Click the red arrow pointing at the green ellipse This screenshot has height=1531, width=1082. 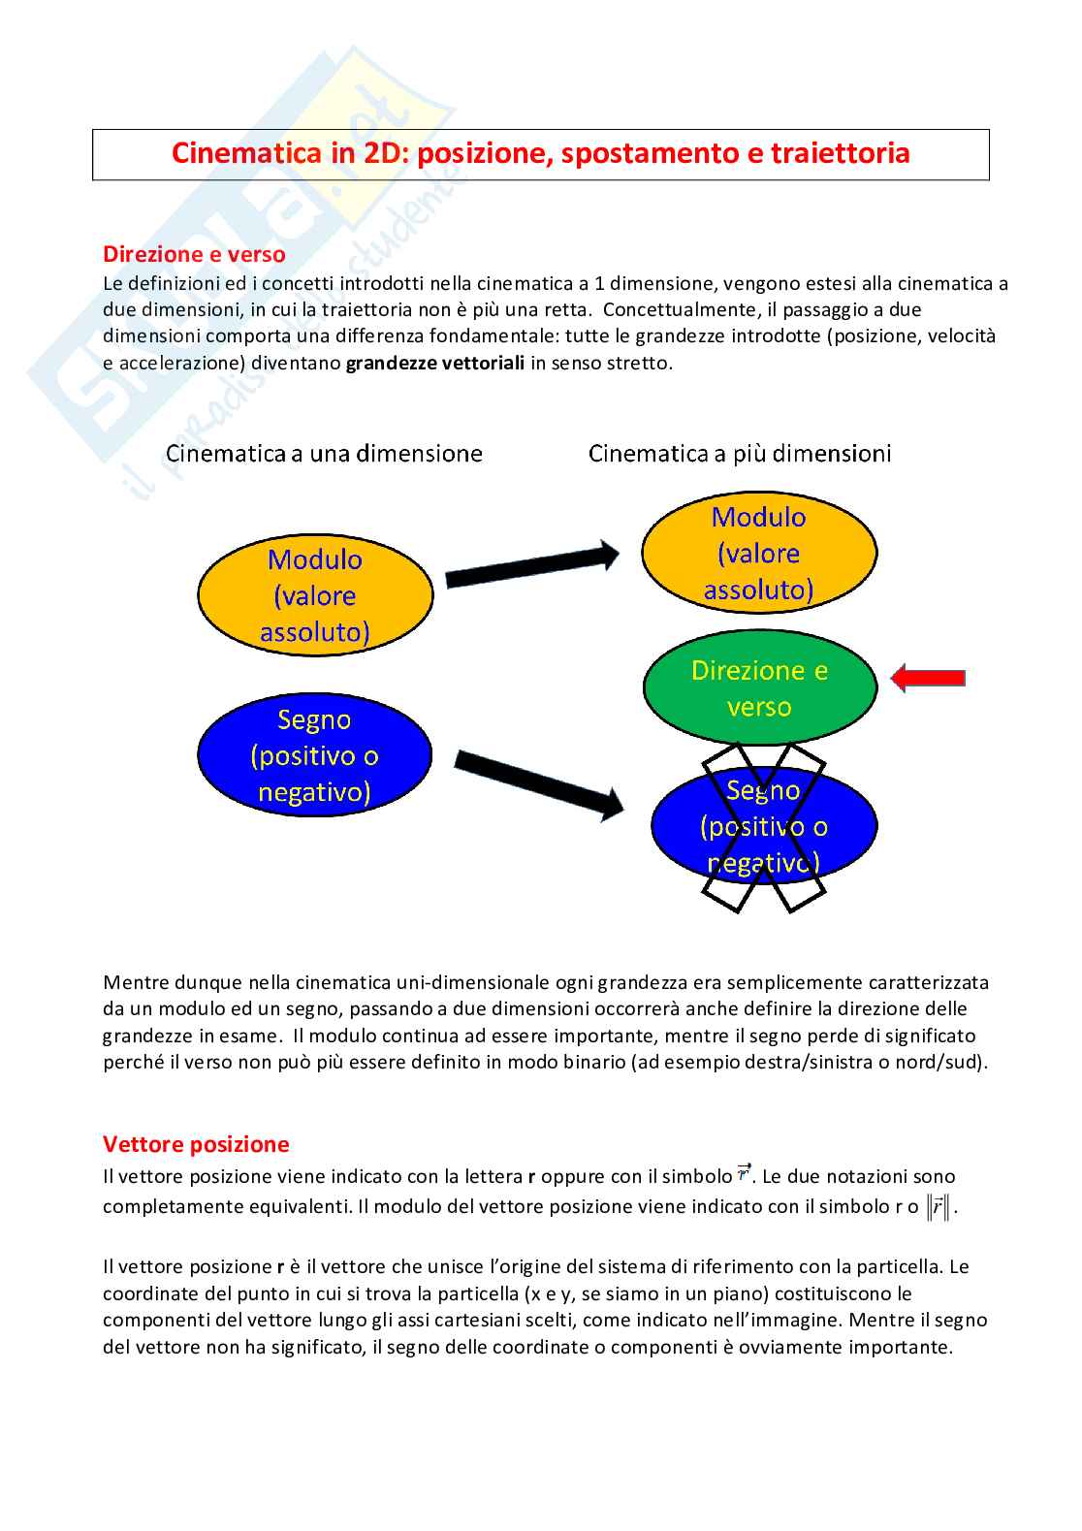click(x=927, y=679)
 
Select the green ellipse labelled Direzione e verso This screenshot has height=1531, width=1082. click(x=759, y=687)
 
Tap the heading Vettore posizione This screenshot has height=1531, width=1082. click(x=196, y=1144)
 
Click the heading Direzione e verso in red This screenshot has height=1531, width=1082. click(x=194, y=254)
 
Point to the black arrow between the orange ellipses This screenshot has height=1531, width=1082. click(x=531, y=564)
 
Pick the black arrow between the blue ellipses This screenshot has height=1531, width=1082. click(x=539, y=784)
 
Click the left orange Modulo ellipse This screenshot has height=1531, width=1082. click(x=315, y=595)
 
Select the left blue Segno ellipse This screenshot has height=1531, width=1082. click(x=314, y=755)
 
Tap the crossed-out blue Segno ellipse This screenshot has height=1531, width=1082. click(x=764, y=826)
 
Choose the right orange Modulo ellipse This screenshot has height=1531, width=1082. click(x=759, y=553)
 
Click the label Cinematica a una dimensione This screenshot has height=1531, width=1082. click(x=324, y=453)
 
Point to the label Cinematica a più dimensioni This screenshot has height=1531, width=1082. click(x=740, y=453)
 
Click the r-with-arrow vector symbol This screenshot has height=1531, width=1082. click(x=744, y=1173)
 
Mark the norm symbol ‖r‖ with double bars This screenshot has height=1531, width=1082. click(x=939, y=1207)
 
